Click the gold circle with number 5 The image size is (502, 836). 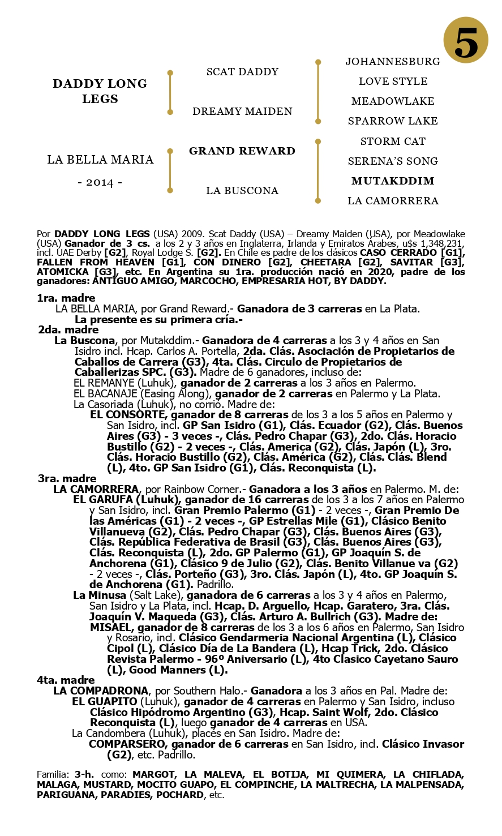coord(465,40)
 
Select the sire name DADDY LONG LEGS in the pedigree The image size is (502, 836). coord(100,91)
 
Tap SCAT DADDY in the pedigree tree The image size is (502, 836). coord(242,72)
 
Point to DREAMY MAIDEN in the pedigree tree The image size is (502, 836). coord(242,112)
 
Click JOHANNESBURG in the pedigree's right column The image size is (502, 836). coord(393,61)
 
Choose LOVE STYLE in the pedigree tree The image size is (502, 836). coord(393,81)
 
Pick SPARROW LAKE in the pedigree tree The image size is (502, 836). coord(393,121)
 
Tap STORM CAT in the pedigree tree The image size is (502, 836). coord(393,141)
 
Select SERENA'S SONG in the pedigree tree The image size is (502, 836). coord(393,161)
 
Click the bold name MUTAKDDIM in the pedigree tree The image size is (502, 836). coord(393,181)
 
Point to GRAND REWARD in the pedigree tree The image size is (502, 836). coord(242,151)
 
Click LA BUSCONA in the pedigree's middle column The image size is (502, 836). coord(242,191)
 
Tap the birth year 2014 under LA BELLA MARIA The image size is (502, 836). coord(100,182)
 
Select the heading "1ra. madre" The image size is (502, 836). coord(66,298)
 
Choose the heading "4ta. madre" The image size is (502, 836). coord(66,680)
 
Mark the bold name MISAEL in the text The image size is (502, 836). coord(111,627)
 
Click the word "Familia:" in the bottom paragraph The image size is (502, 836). coord(53,774)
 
